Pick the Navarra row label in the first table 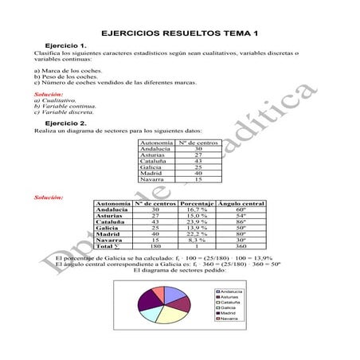pos(151,179)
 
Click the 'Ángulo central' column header pos(241,204)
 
